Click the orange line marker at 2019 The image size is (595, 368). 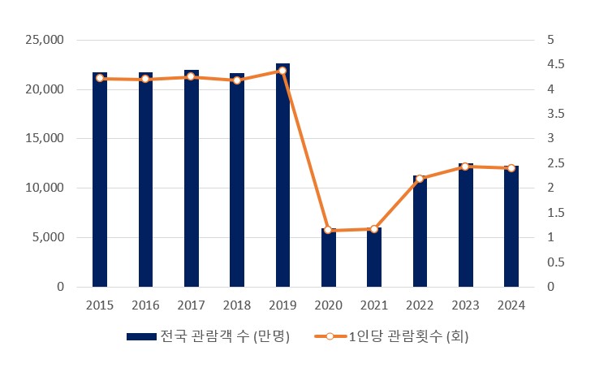click(282, 71)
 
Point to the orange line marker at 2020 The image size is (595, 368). click(328, 230)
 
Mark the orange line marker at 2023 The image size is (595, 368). click(465, 167)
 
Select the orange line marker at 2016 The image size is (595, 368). click(145, 79)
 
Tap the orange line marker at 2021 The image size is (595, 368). click(374, 229)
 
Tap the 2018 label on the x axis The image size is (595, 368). click(237, 305)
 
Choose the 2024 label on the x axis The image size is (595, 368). click(511, 305)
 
